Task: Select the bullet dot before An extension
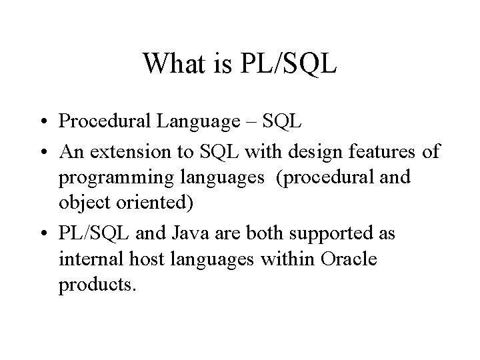pyautogui.click(x=42, y=152)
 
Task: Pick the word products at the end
pyautogui.click(x=97, y=286)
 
